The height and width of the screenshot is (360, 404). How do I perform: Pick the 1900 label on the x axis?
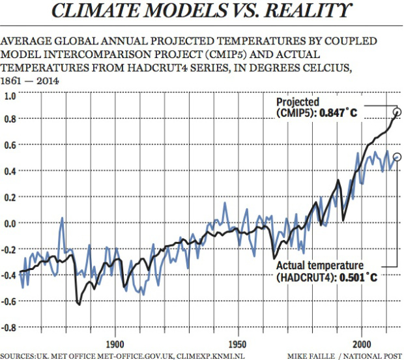115,343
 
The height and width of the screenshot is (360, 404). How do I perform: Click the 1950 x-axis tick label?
238,343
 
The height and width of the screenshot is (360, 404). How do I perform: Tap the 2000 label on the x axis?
362,343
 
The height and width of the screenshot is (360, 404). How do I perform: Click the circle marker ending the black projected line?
397,112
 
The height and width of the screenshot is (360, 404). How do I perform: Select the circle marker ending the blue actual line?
397,157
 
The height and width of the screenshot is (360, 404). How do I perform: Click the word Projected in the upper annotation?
297,103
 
